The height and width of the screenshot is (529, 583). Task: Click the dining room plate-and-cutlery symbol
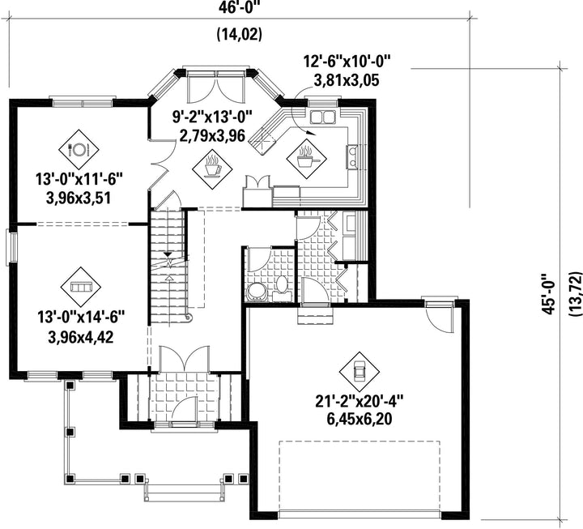point(79,150)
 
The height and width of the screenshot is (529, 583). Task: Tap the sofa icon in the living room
point(81,287)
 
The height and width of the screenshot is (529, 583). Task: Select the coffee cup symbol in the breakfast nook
point(212,165)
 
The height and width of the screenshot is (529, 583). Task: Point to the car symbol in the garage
point(360,371)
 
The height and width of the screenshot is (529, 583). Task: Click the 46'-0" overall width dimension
point(239,6)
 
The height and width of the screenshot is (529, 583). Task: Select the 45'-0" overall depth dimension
point(550,294)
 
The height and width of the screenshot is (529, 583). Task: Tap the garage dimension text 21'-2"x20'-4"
point(360,402)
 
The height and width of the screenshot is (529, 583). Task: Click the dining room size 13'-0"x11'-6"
point(79,180)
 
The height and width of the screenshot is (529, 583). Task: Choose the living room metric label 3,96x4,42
point(81,338)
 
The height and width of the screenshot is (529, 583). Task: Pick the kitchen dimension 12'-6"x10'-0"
point(347,61)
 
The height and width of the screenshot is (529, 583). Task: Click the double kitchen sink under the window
point(323,117)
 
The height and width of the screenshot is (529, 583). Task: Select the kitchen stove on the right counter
point(353,156)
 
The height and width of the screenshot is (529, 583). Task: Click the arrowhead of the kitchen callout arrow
point(311,133)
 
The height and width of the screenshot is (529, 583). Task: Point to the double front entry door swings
point(183,358)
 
